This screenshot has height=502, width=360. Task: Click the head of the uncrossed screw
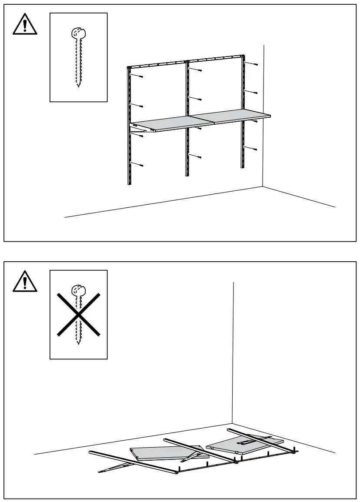[78, 33]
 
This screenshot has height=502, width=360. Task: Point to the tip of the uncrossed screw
[78, 86]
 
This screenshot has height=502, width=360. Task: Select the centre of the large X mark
[78, 314]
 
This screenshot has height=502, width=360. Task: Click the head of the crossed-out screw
[78, 290]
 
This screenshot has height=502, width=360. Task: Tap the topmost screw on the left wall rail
[142, 77]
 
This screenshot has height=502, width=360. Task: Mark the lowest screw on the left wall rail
[142, 165]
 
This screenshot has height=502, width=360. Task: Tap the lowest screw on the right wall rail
[256, 149]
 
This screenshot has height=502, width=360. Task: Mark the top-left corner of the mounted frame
[129, 68]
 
